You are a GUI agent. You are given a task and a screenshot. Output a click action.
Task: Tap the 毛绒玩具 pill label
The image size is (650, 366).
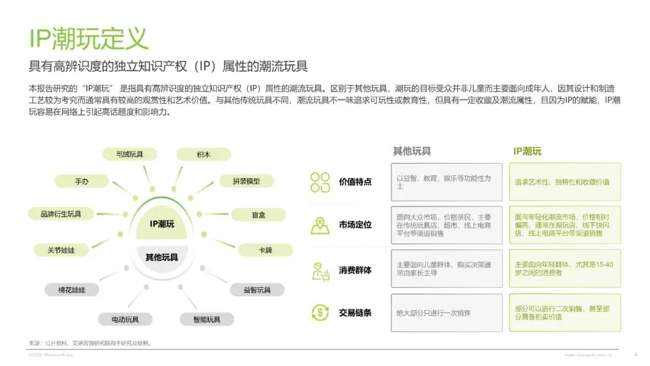130,154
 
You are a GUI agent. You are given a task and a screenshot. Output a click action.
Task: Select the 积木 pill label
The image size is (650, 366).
203,154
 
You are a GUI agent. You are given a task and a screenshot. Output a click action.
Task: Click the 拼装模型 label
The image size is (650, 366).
246,181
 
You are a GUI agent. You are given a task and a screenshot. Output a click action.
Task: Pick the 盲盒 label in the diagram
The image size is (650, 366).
258,214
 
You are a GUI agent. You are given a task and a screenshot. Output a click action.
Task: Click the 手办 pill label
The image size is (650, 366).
82,181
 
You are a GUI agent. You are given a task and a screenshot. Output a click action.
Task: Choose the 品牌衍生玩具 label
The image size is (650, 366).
61,214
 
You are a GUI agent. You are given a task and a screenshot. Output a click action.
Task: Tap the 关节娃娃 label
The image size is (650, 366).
61,250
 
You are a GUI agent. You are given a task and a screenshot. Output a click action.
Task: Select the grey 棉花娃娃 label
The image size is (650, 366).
72,290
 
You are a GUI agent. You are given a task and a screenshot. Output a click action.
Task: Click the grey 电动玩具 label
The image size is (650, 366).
125,319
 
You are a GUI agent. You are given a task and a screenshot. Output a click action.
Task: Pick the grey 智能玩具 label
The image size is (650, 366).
207,319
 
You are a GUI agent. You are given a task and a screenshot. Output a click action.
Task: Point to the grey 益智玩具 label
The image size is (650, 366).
257,290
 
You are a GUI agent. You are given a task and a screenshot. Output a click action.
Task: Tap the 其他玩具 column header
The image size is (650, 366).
412,151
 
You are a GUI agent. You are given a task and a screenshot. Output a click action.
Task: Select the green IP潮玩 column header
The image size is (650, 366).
527,151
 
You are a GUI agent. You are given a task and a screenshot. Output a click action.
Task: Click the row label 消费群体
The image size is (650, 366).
355,270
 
